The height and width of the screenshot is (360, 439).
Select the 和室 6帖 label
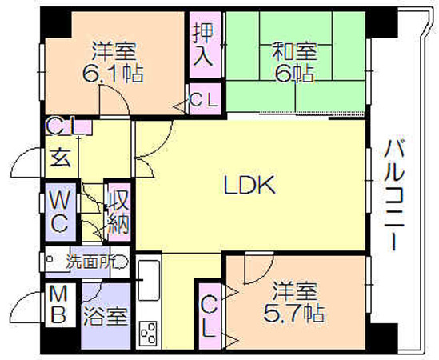[x=294, y=62]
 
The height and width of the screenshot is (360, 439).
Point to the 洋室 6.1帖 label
[x=114, y=62]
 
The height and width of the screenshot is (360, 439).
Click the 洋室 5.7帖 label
[x=294, y=302]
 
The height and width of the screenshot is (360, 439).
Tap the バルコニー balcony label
[x=393, y=195]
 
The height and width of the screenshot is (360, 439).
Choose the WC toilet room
[x=60, y=212]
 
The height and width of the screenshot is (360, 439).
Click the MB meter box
[x=59, y=305]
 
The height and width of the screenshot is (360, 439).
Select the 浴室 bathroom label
[x=106, y=316]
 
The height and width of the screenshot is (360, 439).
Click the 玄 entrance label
[x=61, y=158]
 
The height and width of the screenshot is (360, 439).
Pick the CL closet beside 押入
[x=205, y=99]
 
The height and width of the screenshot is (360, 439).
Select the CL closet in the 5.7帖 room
[x=210, y=317]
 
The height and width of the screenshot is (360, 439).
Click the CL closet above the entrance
[x=68, y=127]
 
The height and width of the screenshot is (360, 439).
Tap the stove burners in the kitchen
[x=149, y=333]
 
